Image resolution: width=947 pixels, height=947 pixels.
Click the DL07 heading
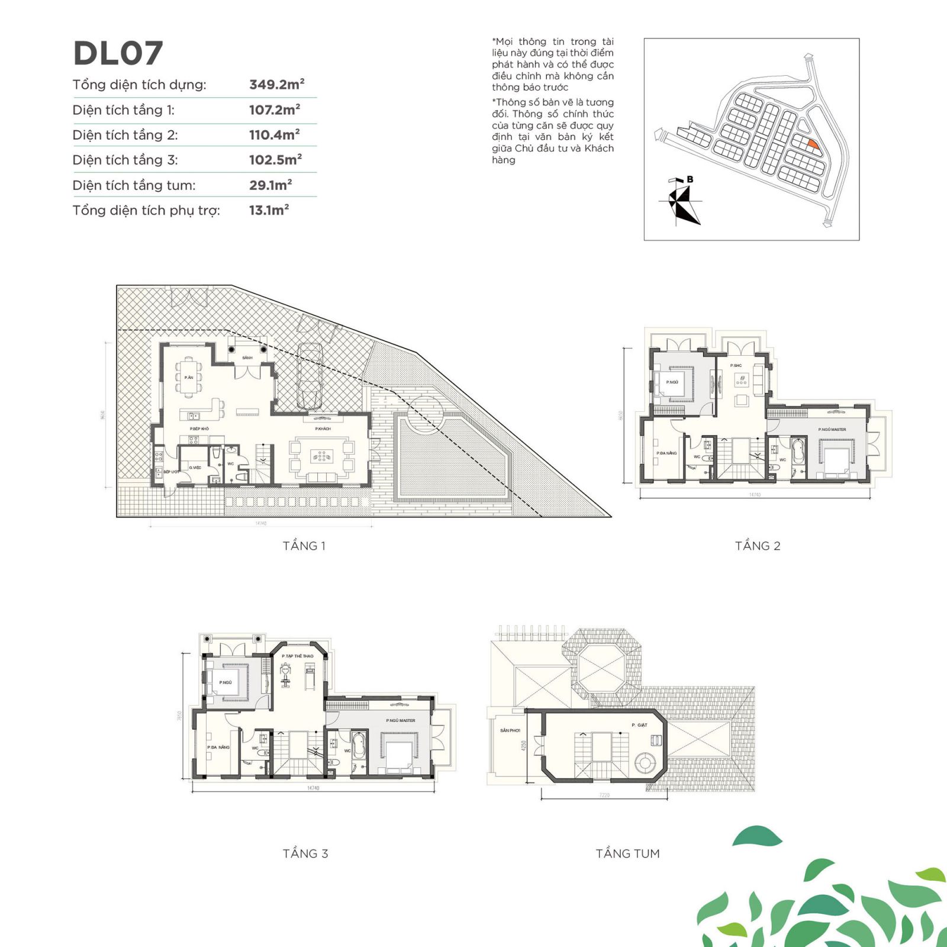pos(118,53)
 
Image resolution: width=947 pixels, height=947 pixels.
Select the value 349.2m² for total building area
pos(276,85)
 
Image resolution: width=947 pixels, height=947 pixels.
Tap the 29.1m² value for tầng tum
pos(270,185)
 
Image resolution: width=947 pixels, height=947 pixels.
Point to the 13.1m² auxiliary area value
pos(269,210)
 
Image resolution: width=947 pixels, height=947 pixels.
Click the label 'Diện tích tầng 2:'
pos(125,135)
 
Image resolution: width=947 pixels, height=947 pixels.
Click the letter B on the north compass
pos(690,179)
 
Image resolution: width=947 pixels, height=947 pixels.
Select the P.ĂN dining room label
pos(188,378)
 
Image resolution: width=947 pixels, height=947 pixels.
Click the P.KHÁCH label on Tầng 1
pos(323,429)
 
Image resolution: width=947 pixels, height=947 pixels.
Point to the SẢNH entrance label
pos(247,358)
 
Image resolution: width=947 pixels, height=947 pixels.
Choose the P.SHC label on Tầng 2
pos(736,366)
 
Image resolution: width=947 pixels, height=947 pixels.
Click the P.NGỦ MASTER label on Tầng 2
pos(832,430)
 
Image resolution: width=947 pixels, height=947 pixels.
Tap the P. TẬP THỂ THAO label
pos(298,656)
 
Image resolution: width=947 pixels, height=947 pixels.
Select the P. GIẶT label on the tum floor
pos(639,725)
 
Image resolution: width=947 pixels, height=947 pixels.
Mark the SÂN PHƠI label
pos(510,730)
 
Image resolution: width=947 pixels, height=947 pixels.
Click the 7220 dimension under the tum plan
pos(604,795)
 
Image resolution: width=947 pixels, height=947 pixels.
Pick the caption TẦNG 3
pos(305,853)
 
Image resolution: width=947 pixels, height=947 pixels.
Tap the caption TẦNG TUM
pos(627,853)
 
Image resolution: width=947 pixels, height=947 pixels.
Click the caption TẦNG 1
pos(304,546)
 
